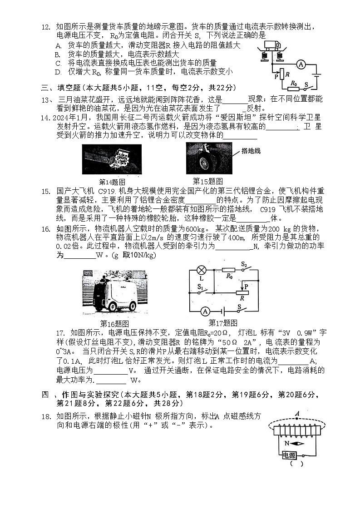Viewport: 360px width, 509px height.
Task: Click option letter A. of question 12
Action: click(x=58, y=45)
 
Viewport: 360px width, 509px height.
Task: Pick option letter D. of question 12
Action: click(x=58, y=72)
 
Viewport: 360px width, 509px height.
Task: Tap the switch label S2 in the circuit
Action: click(x=244, y=264)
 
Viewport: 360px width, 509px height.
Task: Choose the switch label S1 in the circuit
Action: click(x=200, y=286)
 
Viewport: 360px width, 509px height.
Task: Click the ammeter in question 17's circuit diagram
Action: click(x=205, y=311)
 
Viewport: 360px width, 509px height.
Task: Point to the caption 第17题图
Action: click(x=222, y=323)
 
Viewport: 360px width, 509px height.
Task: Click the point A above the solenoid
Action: click(x=297, y=414)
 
